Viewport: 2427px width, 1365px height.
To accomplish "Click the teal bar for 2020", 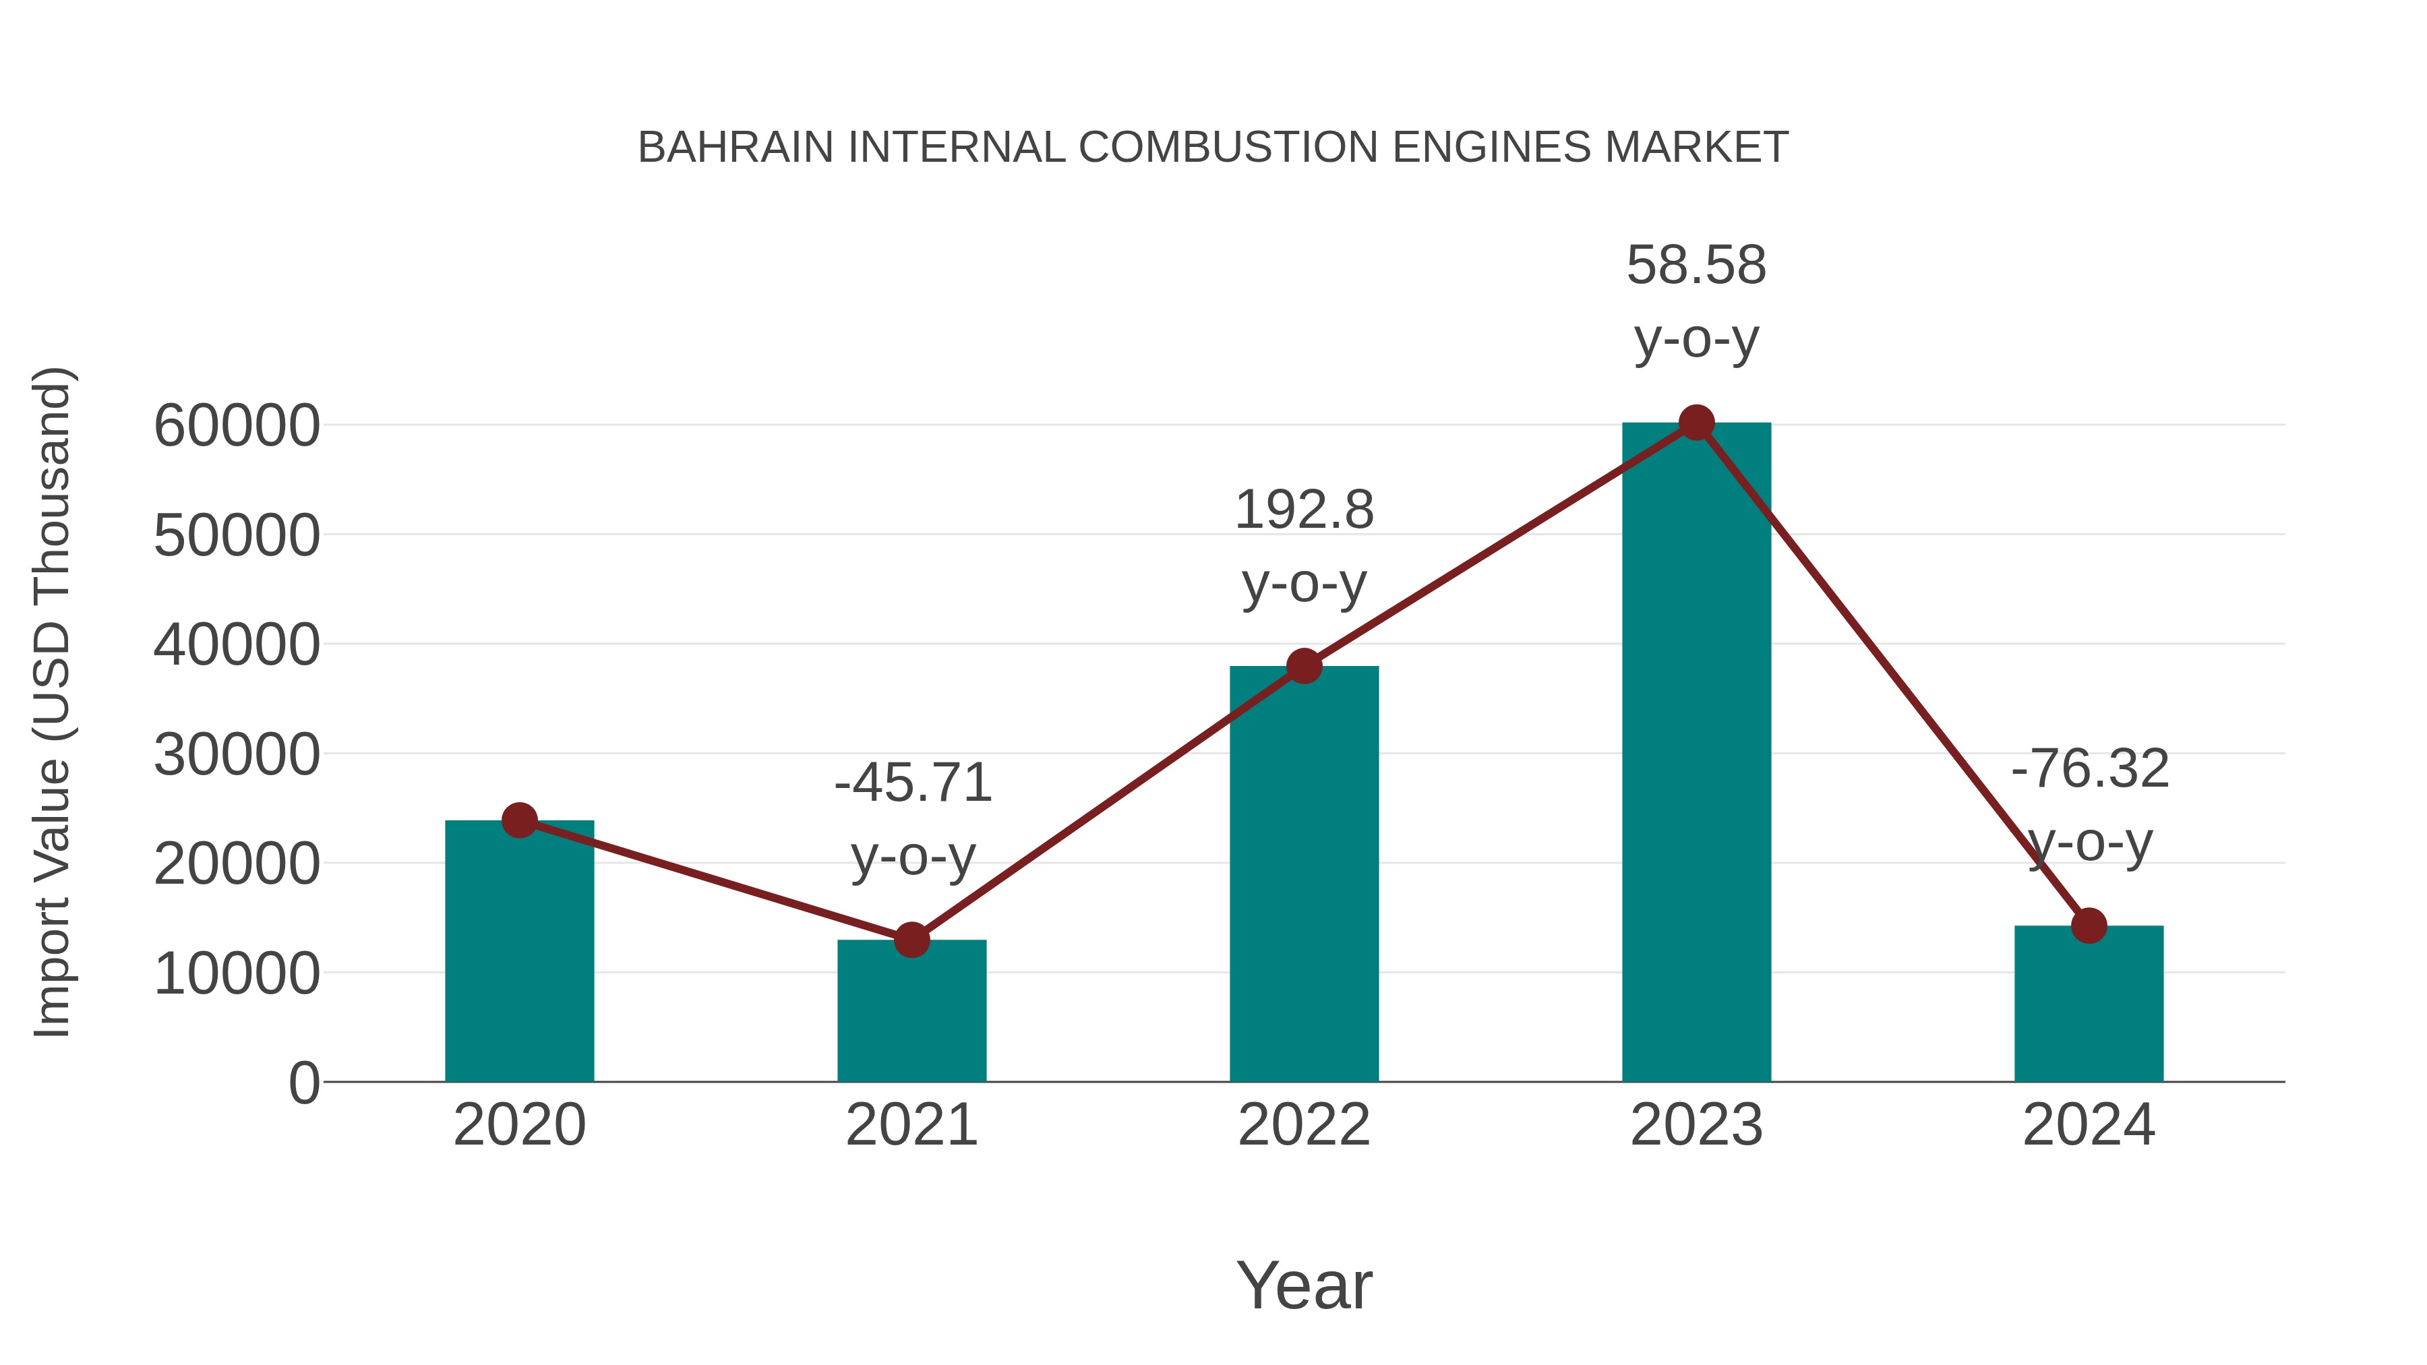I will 519,951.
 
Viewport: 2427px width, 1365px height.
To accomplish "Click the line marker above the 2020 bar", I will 519,820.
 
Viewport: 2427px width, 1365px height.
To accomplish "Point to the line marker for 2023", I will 1696,423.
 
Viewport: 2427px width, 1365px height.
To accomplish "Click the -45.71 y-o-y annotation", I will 913,818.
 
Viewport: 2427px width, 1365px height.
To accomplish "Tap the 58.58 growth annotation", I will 1696,301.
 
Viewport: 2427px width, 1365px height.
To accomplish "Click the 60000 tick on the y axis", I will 237,426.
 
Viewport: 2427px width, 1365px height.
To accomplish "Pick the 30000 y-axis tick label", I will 237,754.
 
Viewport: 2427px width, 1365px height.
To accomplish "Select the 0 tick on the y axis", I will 303,1083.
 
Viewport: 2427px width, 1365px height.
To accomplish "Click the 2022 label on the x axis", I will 1304,1125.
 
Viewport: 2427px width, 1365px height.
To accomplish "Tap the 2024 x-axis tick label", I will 2089,1125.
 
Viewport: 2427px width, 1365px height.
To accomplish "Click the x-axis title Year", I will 1304,1285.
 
